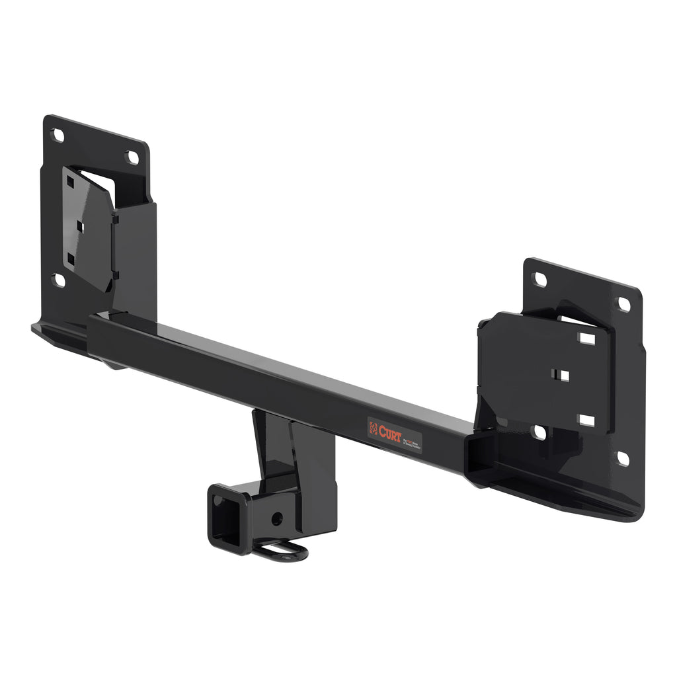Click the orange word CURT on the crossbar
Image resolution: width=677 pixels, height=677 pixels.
point(390,432)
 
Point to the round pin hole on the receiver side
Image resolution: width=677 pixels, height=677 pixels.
point(278,519)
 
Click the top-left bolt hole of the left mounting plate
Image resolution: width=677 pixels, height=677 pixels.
point(58,136)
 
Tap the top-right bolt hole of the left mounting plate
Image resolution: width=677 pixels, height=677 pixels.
point(132,157)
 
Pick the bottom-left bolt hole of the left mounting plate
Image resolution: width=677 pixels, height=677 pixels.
point(58,280)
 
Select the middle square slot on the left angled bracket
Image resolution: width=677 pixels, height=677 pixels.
point(80,226)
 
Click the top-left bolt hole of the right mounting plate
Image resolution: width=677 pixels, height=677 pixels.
point(540,279)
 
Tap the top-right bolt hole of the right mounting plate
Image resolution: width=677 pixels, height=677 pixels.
point(623,305)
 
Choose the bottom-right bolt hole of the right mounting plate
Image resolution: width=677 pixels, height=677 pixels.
point(622,458)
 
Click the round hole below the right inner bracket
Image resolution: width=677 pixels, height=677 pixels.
point(539,432)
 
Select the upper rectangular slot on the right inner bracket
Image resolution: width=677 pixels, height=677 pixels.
point(586,338)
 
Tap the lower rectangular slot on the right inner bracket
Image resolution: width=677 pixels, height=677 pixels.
point(586,420)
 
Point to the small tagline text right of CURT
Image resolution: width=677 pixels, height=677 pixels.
point(411,439)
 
